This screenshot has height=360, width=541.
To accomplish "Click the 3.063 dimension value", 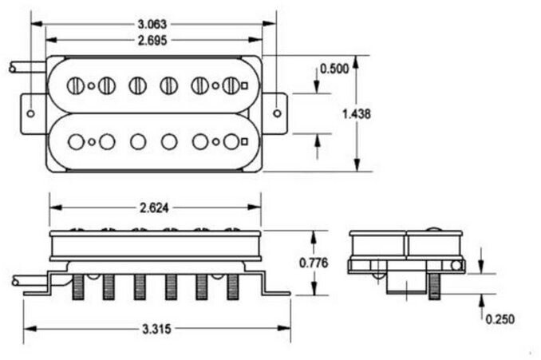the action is coord(152,25).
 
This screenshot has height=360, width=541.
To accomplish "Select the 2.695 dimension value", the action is coord(152,41).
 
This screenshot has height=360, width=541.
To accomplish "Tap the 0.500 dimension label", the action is coord(334,69).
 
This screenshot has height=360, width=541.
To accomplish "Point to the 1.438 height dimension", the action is coord(357,113).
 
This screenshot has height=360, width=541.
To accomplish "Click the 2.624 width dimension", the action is coord(154,208).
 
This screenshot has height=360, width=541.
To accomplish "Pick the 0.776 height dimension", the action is coord(314,263).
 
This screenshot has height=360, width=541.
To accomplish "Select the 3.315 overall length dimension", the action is coord(156,329).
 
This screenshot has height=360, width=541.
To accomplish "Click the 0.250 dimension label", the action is coord(500,319).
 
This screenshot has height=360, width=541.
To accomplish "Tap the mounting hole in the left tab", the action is coord(30,113).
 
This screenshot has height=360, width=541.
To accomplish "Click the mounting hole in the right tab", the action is coord(277,113).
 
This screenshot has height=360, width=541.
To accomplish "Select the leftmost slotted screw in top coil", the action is coord(75,85).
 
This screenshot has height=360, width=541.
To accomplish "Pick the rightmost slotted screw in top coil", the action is coord(231,85).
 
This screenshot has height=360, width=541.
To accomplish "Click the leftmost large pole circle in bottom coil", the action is coord(77,141).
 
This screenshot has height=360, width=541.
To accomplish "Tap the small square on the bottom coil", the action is coord(245,140).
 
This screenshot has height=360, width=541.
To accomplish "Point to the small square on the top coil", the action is coord(245,85).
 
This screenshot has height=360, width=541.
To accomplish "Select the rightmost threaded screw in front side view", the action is coord(233,287).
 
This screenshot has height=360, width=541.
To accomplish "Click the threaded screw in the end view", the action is coord(435,286).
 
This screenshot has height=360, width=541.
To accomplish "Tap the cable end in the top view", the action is coord(13,69).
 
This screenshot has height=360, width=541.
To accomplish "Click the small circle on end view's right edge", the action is coord(456,266).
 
